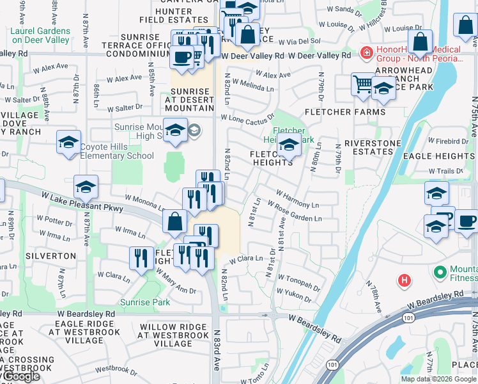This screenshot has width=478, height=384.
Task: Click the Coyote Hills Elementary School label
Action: [117, 151]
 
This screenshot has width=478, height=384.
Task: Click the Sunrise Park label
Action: [146, 302]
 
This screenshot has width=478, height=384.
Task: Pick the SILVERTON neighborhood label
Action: [51, 255]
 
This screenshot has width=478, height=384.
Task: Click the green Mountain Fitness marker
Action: [440, 272]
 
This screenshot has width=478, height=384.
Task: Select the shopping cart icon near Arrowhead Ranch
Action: [362, 83]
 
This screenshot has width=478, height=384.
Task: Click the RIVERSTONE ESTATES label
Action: [368, 147]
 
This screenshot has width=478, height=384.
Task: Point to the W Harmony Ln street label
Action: [297, 198]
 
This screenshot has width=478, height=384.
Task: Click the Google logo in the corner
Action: [20, 377]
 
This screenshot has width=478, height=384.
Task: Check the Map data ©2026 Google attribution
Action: [438, 379]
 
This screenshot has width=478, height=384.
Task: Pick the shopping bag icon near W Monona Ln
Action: [175, 221]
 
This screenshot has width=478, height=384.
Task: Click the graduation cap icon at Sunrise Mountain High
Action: [175, 130]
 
